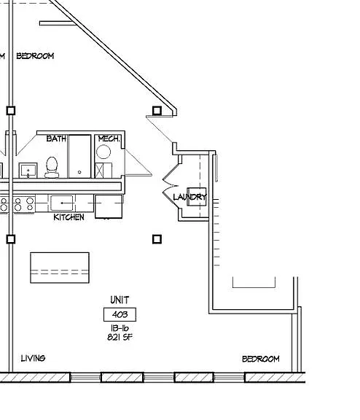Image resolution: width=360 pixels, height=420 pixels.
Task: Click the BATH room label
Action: click(56, 139)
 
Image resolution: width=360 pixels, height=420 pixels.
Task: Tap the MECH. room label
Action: click(109, 139)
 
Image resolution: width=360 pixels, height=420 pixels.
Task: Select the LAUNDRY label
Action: click(189, 197)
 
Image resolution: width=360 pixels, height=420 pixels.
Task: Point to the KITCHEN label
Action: click(69, 217)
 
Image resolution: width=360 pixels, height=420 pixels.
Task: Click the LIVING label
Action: click(34, 358)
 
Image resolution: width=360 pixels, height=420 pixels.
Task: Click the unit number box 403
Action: click(120, 314)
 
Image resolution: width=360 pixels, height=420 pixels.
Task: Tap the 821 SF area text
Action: click(120, 337)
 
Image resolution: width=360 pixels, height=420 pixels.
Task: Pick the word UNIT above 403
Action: click(120, 300)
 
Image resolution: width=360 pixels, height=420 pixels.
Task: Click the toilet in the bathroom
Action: click(52, 168)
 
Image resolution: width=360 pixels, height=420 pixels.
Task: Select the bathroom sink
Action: click(28, 170)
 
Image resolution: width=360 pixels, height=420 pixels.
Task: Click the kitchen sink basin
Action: click(62, 203)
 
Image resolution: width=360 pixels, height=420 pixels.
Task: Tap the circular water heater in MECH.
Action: click(103, 152)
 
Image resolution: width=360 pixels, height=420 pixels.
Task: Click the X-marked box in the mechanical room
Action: click(99, 171)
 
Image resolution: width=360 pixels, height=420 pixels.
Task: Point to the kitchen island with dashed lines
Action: click(60, 268)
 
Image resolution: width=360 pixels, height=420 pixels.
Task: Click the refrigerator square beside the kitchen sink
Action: click(109, 206)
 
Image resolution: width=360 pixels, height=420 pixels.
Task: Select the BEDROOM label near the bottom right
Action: click(261, 359)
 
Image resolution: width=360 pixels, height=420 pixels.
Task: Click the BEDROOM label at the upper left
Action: click(35, 56)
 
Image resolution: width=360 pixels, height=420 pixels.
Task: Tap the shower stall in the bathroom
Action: click(79, 157)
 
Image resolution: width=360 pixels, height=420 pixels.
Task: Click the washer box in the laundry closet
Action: click(197, 197)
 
